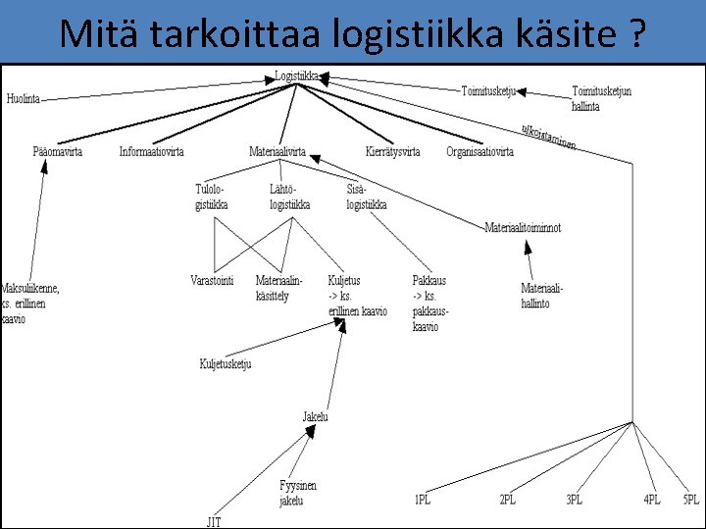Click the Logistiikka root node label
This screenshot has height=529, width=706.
pyautogui.click(x=297, y=74)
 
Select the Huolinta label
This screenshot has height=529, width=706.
pyautogui.click(x=24, y=98)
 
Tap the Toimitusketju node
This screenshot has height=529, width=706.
pyautogui.click(x=488, y=91)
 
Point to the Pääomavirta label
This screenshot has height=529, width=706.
pyautogui.click(x=57, y=152)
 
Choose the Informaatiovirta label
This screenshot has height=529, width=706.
pyautogui.click(x=151, y=152)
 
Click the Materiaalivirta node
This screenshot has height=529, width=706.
pyautogui.click(x=277, y=152)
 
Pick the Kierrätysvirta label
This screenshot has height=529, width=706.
pyautogui.click(x=392, y=152)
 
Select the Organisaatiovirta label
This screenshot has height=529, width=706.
pyautogui.click(x=479, y=152)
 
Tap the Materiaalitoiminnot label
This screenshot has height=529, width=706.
pyautogui.click(x=523, y=227)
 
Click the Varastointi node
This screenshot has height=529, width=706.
pyautogui.click(x=212, y=280)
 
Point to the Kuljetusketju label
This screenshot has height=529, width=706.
pyautogui.click(x=226, y=364)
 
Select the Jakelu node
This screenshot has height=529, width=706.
pyautogui.click(x=316, y=416)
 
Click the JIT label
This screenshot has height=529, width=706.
pyautogui.click(x=213, y=522)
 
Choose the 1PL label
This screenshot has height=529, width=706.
pyautogui.click(x=423, y=500)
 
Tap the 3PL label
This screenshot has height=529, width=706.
pyautogui.click(x=574, y=500)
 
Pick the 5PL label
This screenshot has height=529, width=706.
pyautogui.click(x=691, y=500)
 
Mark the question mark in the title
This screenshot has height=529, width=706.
pyautogui.click(x=637, y=34)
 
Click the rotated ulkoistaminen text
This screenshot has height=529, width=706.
pyautogui.click(x=548, y=137)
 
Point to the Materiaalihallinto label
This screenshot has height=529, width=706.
pyautogui.click(x=542, y=296)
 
